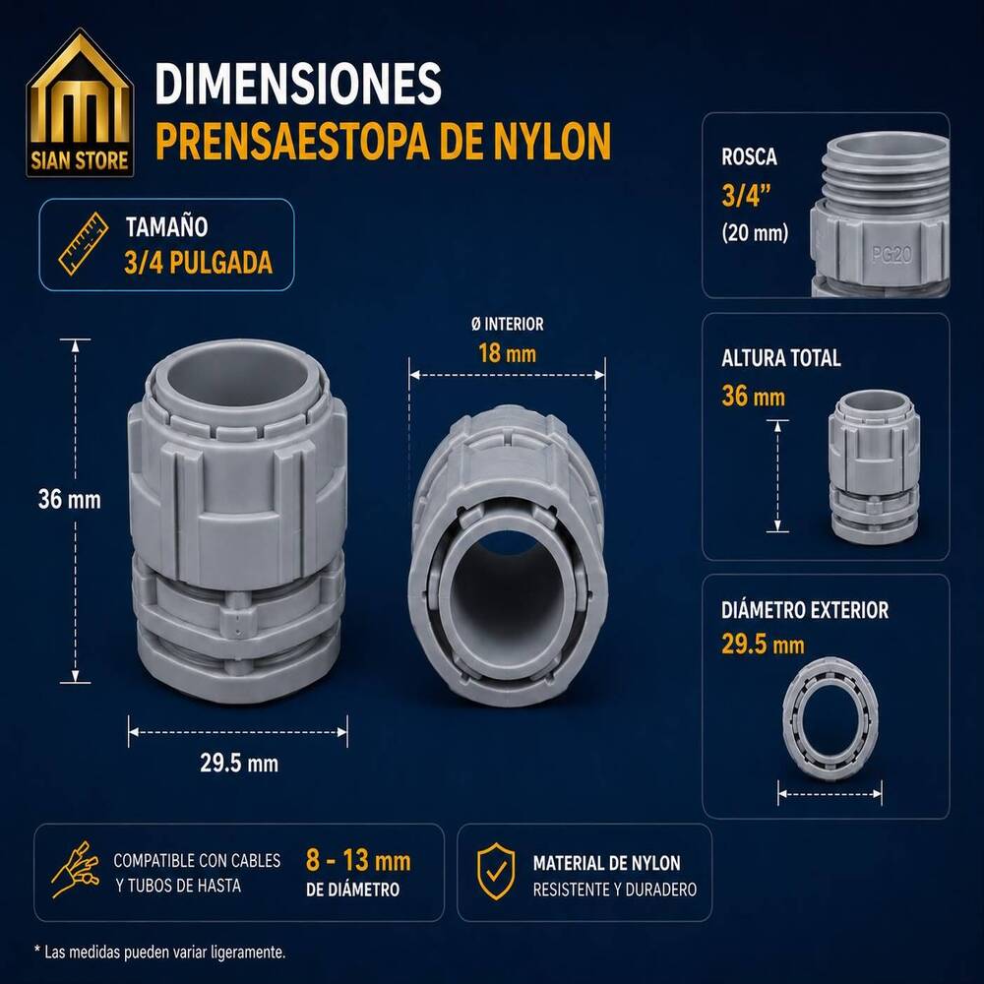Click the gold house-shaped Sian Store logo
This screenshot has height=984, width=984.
[80, 102]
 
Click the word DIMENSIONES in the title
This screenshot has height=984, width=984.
[298, 83]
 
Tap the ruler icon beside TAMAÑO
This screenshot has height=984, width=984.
[83, 244]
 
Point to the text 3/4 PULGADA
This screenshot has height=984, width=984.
[199, 263]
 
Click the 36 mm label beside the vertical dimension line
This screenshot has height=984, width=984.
[69, 500]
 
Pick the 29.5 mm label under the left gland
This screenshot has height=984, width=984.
[239, 764]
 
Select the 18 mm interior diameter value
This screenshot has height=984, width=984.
[507, 353]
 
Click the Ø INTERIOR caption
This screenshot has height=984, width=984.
[507, 324]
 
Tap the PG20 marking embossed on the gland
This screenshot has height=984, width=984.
[892, 254]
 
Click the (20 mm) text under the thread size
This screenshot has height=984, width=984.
[755, 233]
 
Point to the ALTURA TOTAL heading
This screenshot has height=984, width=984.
[780, 358]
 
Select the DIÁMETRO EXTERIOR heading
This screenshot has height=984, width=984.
[805, 610]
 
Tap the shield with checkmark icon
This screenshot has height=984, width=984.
[496, 872]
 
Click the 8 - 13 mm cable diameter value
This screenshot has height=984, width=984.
[358, 860]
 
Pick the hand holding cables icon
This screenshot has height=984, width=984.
[76, 870]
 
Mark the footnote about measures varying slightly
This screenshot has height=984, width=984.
[160, 952]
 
